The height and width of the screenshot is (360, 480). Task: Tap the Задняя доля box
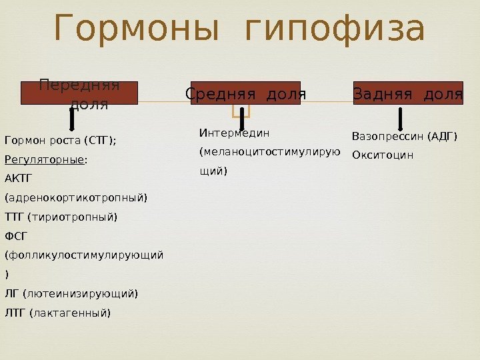click(x=407, y=93)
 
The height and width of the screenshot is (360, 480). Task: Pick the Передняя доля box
click(x=79, y=93)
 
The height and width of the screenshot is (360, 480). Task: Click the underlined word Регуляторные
click(x=45, y=160)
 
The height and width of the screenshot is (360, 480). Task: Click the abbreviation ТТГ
click(x=14, y=217)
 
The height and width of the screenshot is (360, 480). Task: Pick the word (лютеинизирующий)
click(x=81, y=293)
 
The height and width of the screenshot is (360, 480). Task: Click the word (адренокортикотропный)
click(x=77, y=198)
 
